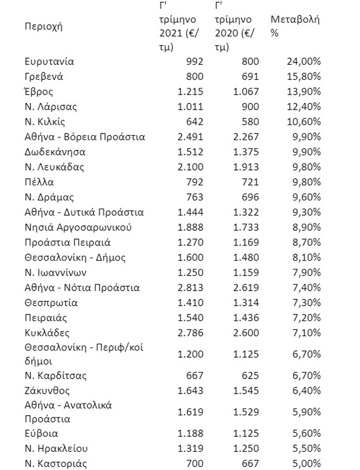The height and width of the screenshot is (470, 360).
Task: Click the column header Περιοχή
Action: tap(44, 27)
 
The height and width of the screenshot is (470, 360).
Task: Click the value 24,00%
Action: tap(302, 61)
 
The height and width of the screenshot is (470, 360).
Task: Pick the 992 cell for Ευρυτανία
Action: tap(193, 61)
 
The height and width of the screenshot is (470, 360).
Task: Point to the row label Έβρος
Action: tap(39, 91)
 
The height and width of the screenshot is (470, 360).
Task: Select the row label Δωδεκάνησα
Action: tap(55, 152)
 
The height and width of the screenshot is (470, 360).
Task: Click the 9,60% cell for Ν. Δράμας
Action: tap(304, 197)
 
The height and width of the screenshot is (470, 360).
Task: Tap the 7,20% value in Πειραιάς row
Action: tap(304, 318)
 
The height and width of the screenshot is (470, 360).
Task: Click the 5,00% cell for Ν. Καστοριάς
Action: tap(304, 463)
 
